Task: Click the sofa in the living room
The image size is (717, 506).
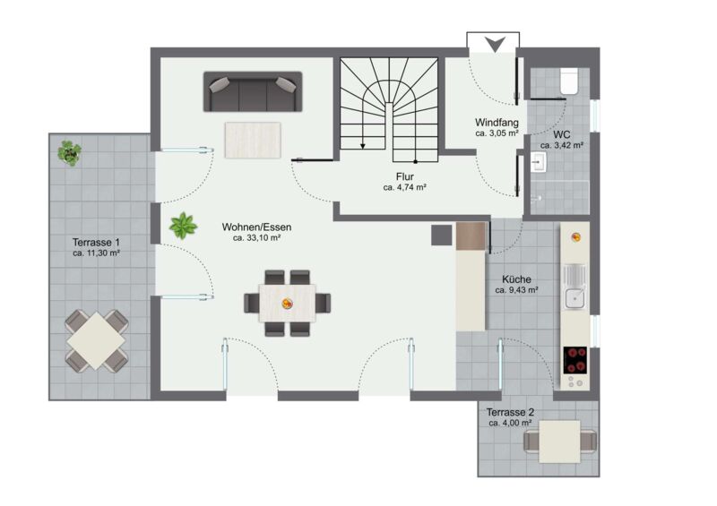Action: pos(253,91)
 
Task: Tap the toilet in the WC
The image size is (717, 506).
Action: pos(569,81)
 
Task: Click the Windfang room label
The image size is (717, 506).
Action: pos(497,123)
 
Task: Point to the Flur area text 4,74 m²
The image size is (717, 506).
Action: pos(405,187)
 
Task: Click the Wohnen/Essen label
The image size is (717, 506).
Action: pos(256,227)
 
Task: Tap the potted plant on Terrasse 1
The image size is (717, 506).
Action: pos(70,153)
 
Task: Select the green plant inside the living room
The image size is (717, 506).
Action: pos(183,226)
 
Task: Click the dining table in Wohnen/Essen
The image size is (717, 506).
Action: pos(288,303)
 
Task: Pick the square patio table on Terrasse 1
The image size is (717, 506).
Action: pos(97,340)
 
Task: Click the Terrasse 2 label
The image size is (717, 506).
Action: pos(510,412)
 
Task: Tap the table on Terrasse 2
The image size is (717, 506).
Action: pos(559,442)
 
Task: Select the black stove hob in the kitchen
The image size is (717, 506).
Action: pos(575,360)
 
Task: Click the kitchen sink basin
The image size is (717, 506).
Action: pos(574,299)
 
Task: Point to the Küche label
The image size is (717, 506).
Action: pos(517,279)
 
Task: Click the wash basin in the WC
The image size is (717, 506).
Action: pos(539,162)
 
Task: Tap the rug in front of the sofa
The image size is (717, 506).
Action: pos(253,141)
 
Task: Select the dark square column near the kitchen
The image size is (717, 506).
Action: pos(442,235)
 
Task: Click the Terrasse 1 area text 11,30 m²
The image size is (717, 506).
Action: pos(96,253)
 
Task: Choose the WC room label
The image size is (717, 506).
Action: pos(562,135)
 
